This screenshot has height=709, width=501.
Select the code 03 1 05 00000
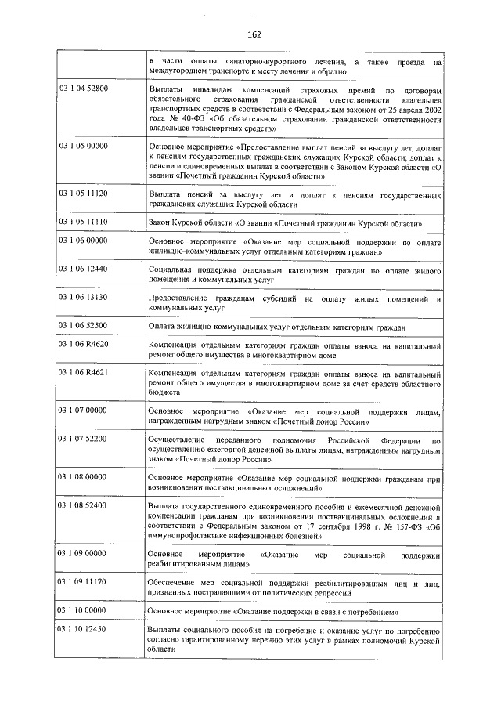(83, 146)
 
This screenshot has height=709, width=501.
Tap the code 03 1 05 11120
(83, 193)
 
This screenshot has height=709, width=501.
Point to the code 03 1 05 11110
(83, 222)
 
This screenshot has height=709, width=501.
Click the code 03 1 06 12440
(83, 269)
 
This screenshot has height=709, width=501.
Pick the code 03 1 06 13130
(83, 298)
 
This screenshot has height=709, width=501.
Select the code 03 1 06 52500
(83, 325)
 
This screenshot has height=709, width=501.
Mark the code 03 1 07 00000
(83, 410)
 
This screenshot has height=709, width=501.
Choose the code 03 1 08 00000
(83, 476)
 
